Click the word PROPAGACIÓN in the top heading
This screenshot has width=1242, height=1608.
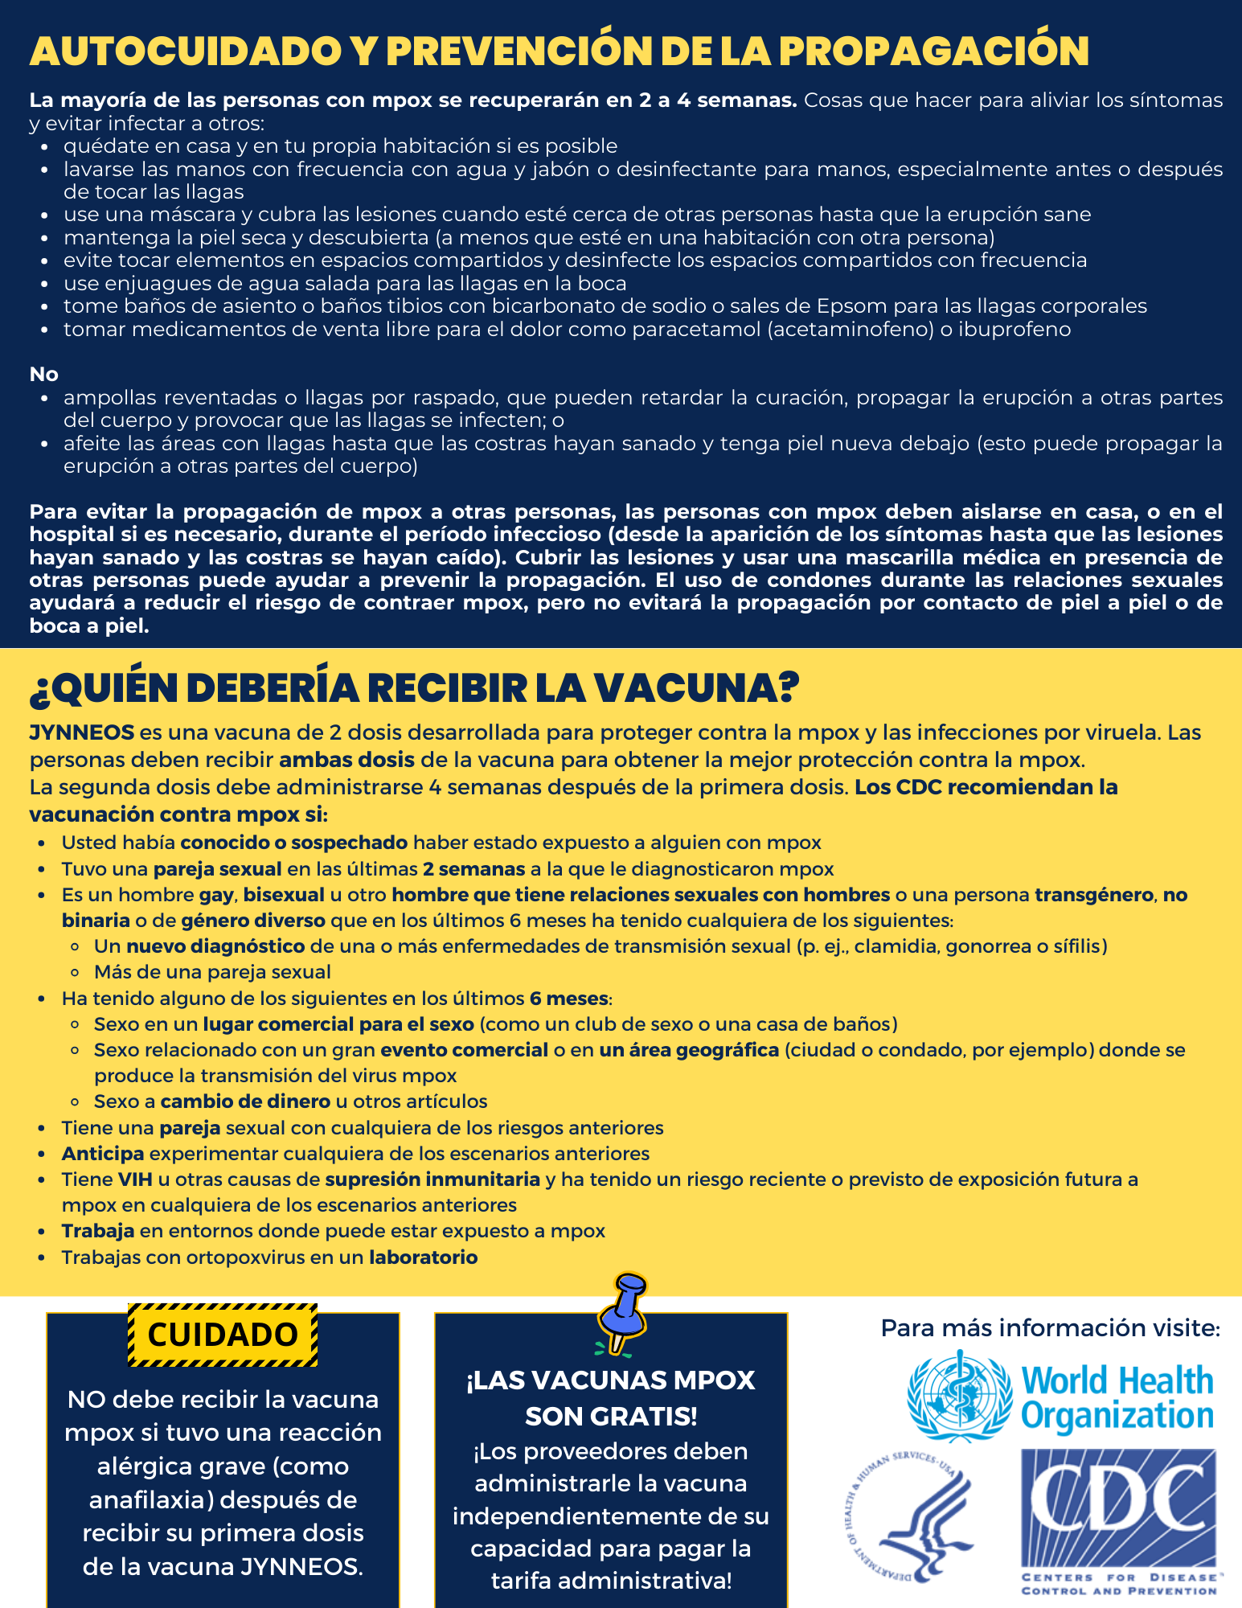pos(933,51)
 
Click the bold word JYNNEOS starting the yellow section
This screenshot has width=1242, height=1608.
pos(82,732)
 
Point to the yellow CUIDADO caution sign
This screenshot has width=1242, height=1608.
pos(223,1335)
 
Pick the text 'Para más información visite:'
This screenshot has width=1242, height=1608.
pos(1050,1327)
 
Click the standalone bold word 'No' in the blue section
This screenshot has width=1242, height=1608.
pos(44,375)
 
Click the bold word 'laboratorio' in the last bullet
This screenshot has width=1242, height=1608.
pos(423,1257)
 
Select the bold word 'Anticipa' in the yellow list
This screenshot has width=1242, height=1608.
pos(103,1154)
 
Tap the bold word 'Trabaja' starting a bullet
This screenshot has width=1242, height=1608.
pos(98,1231)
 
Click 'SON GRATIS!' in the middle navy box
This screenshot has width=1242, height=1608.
pos(611,1416)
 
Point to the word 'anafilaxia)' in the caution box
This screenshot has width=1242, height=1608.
pos(150,1500)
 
